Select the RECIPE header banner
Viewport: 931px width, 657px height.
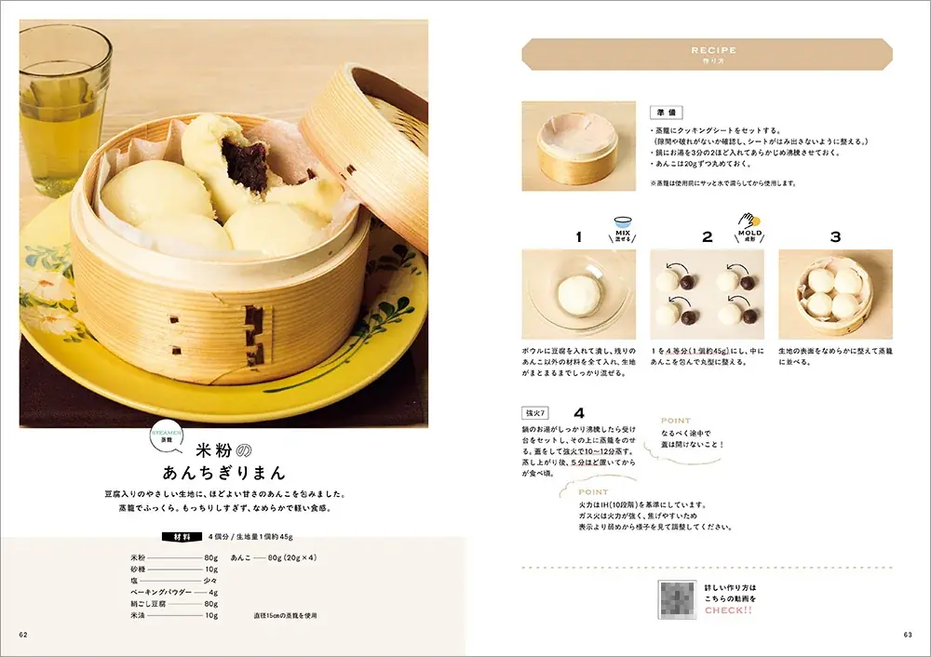coord(707,54)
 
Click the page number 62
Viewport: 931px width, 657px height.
coord(24,635)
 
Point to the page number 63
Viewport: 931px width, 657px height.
coord(907,635)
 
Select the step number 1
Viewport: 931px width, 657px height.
coord(578,237)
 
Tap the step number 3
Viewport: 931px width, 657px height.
coord(835,237)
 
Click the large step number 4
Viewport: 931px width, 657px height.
coord(579,413)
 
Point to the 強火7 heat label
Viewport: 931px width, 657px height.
coord(537,413)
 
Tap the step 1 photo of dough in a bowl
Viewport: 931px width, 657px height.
coord(578,293)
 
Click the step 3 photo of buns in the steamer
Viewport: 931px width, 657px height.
coord(835,293)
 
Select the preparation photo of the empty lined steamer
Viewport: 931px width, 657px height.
coord(578,146)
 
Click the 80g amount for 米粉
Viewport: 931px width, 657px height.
coord(211,558)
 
